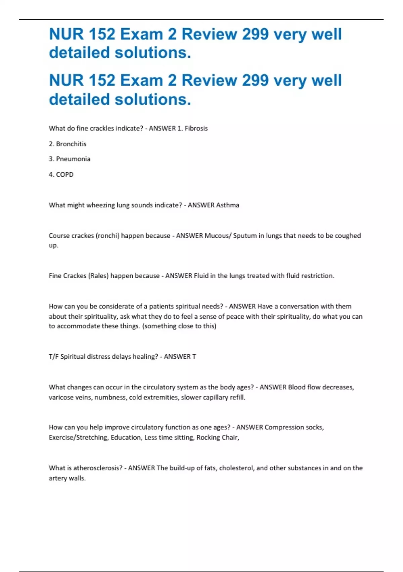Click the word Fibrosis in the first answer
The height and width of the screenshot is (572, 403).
point(196,128)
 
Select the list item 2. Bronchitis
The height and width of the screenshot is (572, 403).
point(68,144)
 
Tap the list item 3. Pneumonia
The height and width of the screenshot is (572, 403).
point(70,159)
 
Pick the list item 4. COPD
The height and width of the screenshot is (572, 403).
point(61,174)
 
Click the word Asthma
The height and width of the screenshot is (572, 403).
point(228,205)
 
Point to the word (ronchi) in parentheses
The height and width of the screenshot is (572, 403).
point(107,236)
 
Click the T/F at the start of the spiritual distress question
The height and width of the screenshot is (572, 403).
point(53,356)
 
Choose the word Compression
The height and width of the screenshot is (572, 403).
point(284,427)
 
